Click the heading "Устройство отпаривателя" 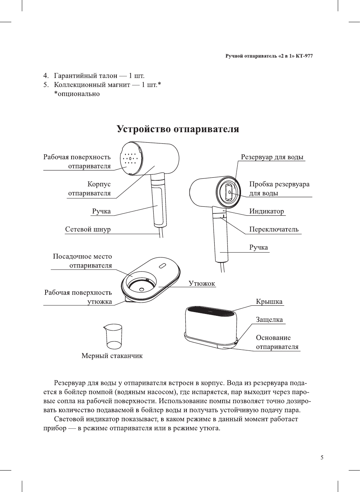tap(178, 129)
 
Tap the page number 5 tap(322, 457)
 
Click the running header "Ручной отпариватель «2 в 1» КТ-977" tap(269, 56)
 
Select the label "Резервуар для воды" tap(272, 157)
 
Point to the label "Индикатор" tap(266, 211)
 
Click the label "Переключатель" tap(273, 229)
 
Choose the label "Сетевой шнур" tap(88, 229)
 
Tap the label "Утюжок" tap(202, 283)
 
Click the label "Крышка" tap(269, 302)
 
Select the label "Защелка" tap(269, 320)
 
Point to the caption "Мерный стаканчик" tap(112, 356)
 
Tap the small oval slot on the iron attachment tap(162, 266)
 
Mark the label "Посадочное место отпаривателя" tap(82, 261)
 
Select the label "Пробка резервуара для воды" tap(279, 189)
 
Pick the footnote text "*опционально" tap(77, 94)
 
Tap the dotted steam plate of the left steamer tap(130, 159)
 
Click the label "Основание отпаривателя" tap(277, 342)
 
